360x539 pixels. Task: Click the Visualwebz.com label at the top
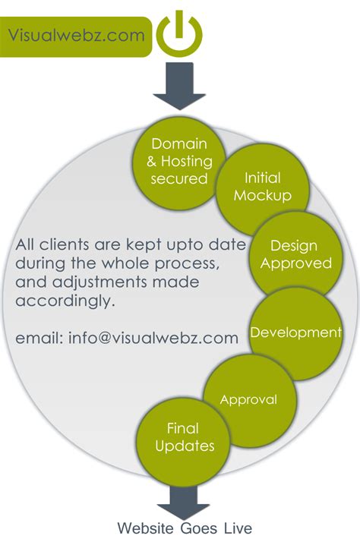click(x=77, y=36)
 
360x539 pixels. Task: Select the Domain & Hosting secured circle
click(x=179, y=161)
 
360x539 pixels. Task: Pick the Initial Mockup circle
click(x=262, y=186)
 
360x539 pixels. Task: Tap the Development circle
click(x=296, y=333)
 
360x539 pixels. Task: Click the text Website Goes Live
click(x=185, y=528)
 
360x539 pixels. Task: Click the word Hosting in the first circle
click(x=186, y=161)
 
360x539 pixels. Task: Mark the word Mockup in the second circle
click(x=262, y=195)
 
